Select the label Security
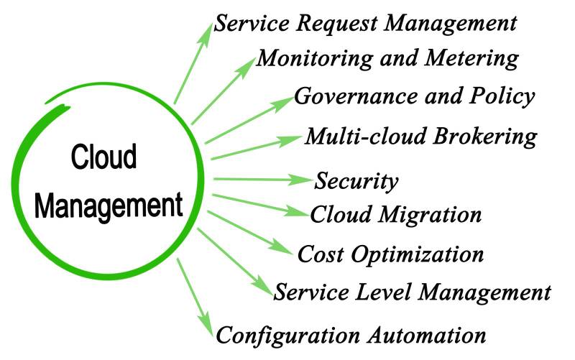pos(356,180)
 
